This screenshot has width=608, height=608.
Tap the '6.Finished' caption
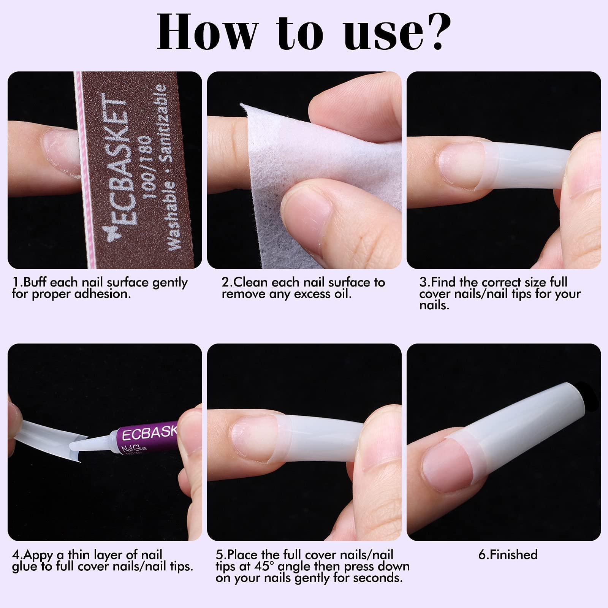pos(508,555)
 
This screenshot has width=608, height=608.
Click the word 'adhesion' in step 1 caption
pos(100,294)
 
